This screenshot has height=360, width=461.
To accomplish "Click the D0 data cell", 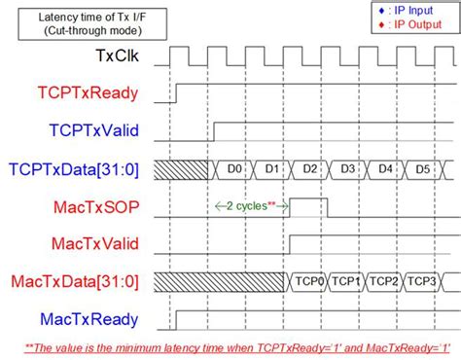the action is pyautogui.click(x=233, y=170).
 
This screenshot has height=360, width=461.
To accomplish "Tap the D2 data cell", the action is pyautogui.click(x=310, y=170).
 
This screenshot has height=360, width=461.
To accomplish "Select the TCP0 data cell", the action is pyautogui.click(x=309, y=282).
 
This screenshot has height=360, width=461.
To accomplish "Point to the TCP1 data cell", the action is pyautogui.click(x=347, y=282).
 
